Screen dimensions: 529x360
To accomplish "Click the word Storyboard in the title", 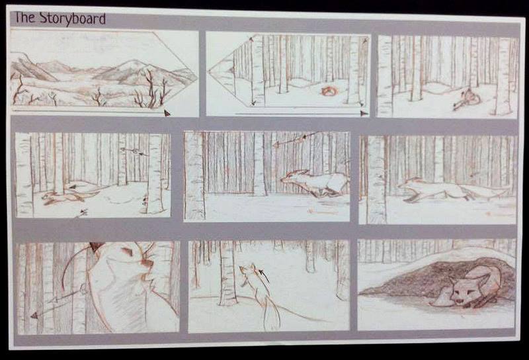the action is click(x=73, y=19).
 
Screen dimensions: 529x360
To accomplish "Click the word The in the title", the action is click(x=24, y=17).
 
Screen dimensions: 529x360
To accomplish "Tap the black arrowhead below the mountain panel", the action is click(x=167, y=112).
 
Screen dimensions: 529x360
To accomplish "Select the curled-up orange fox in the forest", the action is click(x=328, y=91).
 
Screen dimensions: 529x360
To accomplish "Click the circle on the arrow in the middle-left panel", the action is click(x=135, y=152).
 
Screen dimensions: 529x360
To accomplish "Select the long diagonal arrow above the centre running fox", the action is click(x=296, y=139).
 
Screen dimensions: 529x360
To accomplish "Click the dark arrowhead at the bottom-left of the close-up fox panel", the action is click(x=34, y=316).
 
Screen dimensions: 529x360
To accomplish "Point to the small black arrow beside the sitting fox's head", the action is click(x=263, y=275).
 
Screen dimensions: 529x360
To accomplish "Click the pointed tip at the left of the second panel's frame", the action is click(x=208, y=71).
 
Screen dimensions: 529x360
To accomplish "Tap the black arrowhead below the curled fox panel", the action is click(x=364, y=113).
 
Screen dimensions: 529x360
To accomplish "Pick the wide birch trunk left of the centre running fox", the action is click(x=194, y=175).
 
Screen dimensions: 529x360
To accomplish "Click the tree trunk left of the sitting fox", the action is click(x=227, y=273).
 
